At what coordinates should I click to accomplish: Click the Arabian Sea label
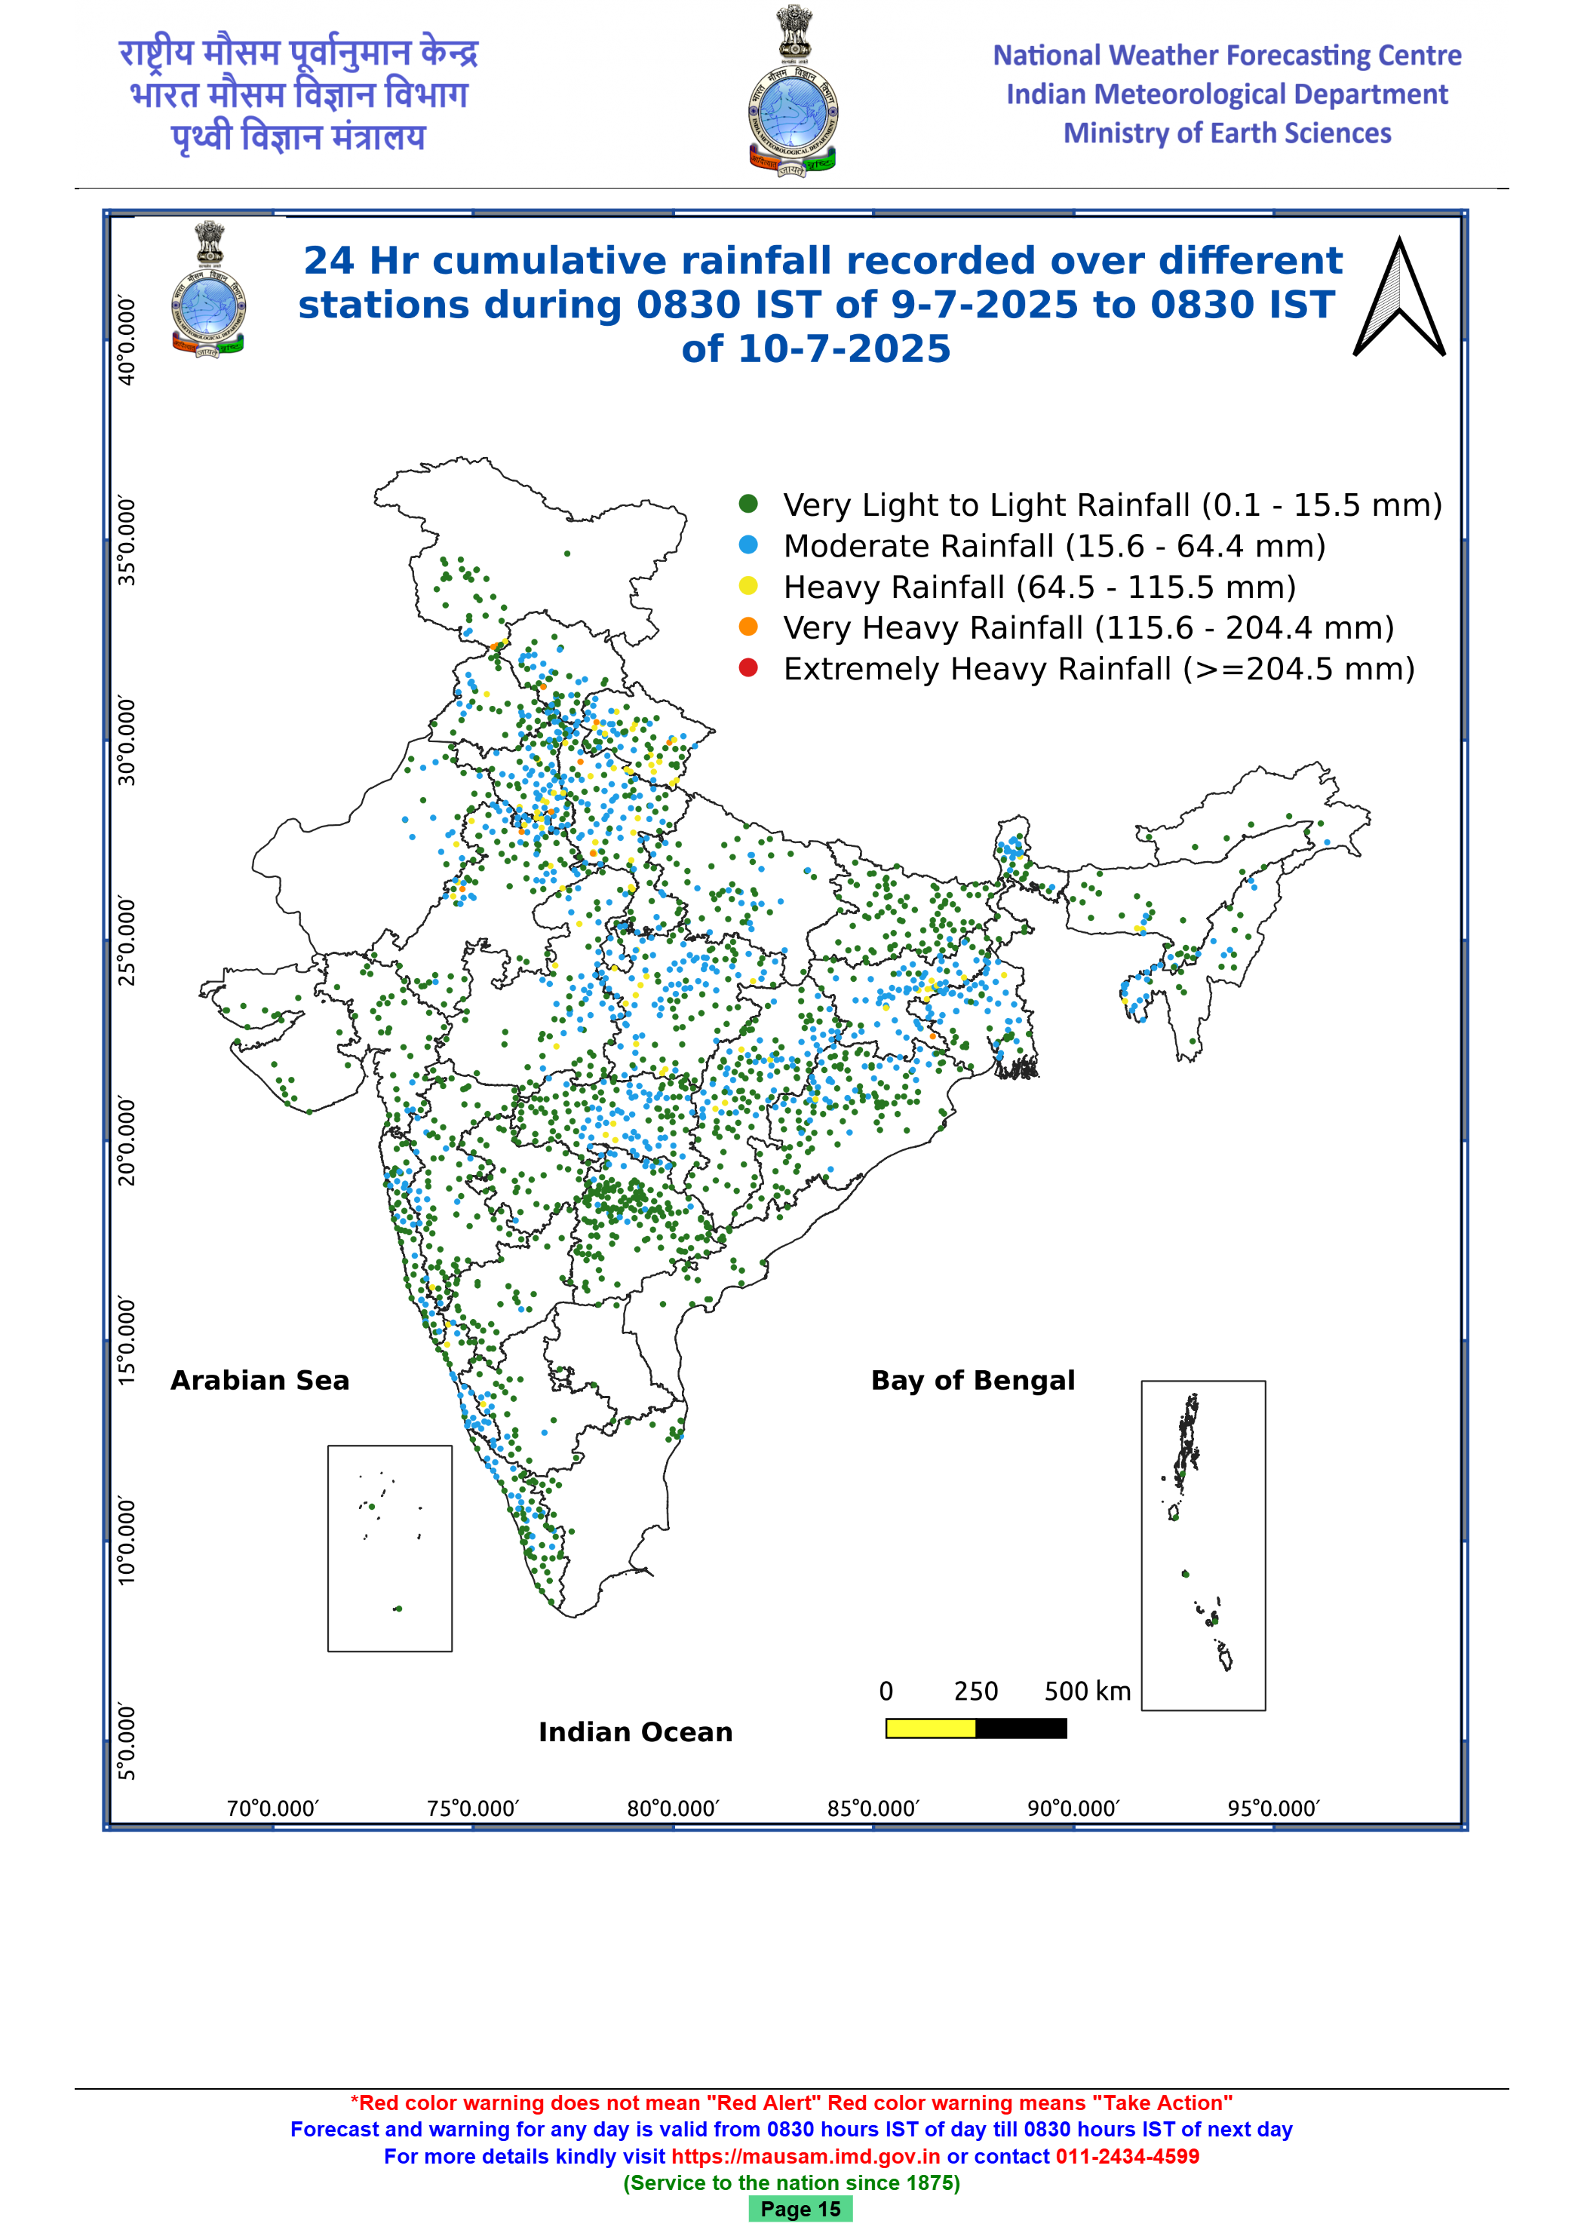click(259, 1380)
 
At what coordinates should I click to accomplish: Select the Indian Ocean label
click(635, 1732)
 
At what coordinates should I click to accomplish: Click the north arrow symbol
click(1400, 296)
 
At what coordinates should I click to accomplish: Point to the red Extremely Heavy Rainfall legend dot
click(748, 668)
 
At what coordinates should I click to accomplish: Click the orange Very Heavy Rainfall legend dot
click(748, 626)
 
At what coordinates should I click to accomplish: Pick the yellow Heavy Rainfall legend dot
click(748, 585)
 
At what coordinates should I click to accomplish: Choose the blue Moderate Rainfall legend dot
click(748, 544)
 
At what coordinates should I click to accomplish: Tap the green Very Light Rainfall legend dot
click(748, 503)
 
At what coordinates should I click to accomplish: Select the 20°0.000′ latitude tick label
click(127, 1141)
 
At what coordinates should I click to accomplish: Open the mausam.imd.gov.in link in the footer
click(806, 2156)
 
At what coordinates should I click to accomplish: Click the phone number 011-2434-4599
click(1128, 2156)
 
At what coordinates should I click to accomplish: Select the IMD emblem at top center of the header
click(793, 90)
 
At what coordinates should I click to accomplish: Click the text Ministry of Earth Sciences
click(1227, 133)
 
